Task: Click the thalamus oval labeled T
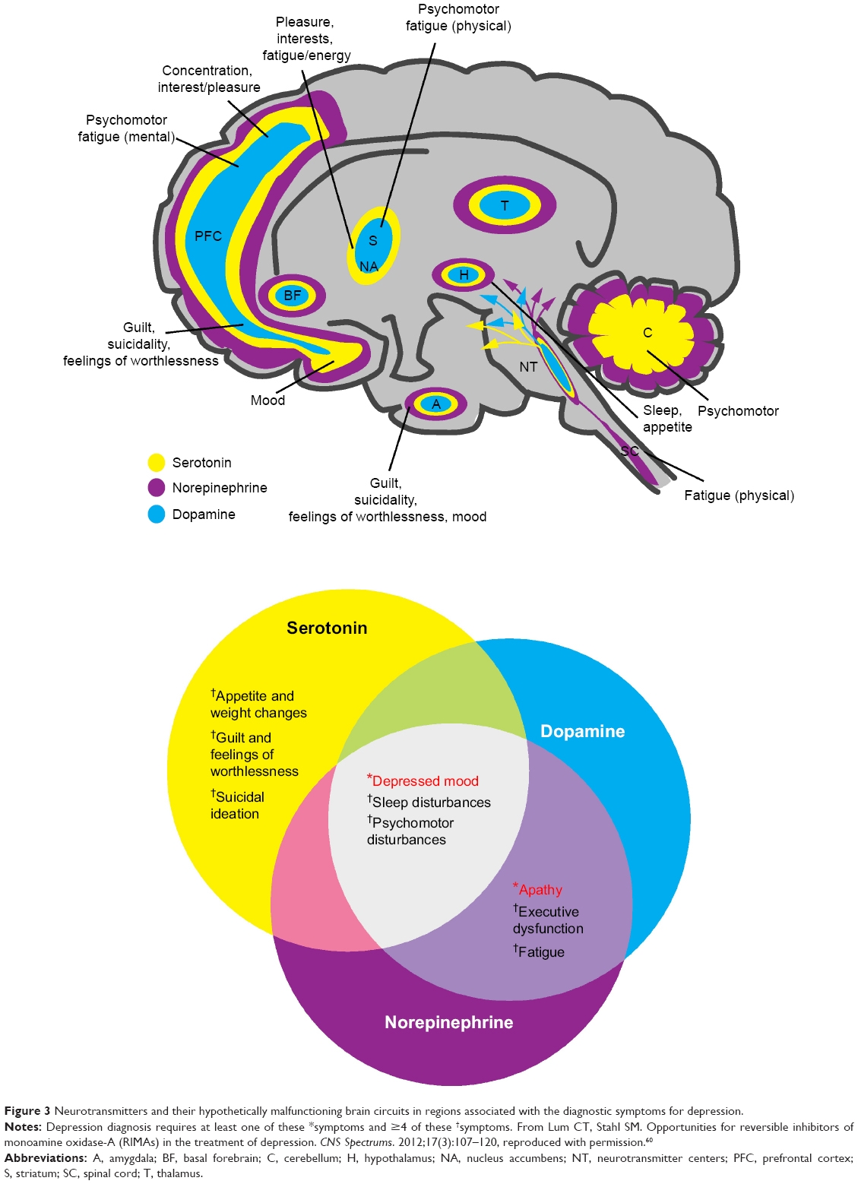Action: tap(505, 205)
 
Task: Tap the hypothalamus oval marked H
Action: tap(464, 275)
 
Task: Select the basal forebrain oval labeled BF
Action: tap(292, 296)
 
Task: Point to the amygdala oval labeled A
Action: tap(436, 404)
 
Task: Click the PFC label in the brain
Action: tap(208, 236)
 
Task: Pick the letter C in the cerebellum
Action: tap(647, 332)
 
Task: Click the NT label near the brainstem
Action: tap(528, 367)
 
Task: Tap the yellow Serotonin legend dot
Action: tap(157, 462)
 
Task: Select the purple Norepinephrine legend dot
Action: tap(157, 488)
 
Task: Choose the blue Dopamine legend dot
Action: tap(157, 514)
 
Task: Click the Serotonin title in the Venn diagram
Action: tap(327, 628)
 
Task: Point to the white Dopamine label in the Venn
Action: tap(582, 731)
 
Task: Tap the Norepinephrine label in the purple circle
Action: tap(448, 1022)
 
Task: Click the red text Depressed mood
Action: tap(424, 781)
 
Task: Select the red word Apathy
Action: tap(540, 890)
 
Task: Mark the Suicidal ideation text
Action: tap(237, 806)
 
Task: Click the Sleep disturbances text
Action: tap(430, 803)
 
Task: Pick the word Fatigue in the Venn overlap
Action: tap(540, 952)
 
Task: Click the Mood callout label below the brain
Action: tap(268, 400)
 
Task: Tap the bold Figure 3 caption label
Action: tap(27, 1111)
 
